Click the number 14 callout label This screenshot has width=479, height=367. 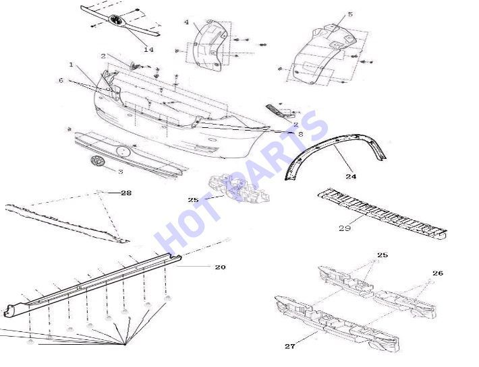click(148, 49)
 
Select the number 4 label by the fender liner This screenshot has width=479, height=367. click(187, 22)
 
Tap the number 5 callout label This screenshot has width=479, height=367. click(350, 14)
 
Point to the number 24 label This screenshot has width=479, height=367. click(351, 176)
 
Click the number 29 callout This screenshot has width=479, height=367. click(345, 228)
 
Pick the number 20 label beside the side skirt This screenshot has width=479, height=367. click(220, 267)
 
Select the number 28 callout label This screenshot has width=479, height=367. click(126, 193)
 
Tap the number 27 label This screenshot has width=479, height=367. click(290, 346)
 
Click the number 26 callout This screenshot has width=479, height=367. click(438, 273)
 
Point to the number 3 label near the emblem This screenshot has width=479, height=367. click(120, 172)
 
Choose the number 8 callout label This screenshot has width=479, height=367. click(300, 133)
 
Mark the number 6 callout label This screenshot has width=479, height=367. click(61, 80)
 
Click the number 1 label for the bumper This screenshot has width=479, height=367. click(71, 65)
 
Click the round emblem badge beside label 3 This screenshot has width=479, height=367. click(97, 161)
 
